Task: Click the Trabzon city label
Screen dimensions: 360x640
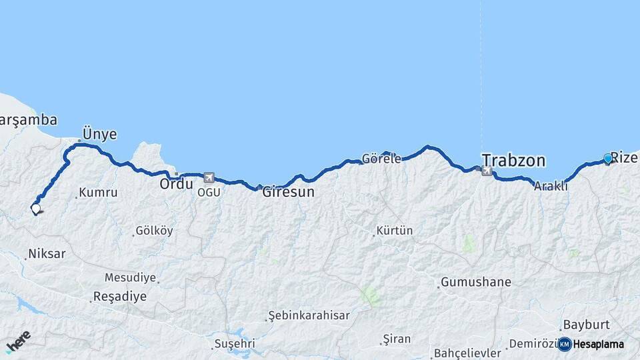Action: [x=513, y=161]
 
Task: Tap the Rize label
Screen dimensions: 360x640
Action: [x=624, y=158]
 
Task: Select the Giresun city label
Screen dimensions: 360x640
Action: [x=288, y=192]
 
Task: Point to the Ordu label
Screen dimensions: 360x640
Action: [x=176, y=183]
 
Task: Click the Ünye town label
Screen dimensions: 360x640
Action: [x=99, y=134]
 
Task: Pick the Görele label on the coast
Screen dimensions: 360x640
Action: [x=381, y=159]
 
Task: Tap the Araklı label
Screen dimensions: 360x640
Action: [x=551, y=187]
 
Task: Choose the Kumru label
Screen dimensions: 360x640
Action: [x=98, y=193]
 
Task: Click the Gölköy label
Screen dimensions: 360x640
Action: [x=154, y=231]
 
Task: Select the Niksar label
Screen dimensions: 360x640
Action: [x=47, y=254]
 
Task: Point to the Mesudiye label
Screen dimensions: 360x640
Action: [x=130, y=277]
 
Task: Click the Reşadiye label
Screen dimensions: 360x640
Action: [x=120, y=297]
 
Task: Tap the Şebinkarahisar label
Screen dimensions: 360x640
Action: [x=309, y=315]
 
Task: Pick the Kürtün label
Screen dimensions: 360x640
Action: [x=395, y=231]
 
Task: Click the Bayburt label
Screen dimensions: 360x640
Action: [x=587, y=325]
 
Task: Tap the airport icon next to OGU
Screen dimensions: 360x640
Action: [x=209, y=178]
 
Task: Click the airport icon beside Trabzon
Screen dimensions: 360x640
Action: [x=487, y=171]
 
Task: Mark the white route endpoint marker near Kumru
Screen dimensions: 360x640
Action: [x=35, y=209]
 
